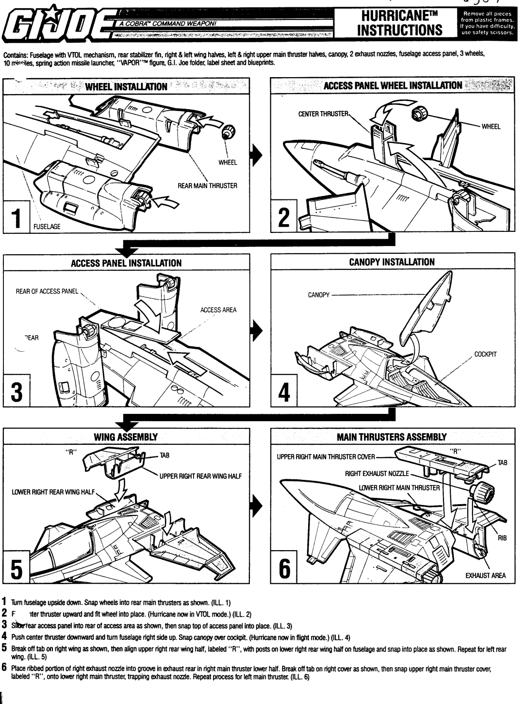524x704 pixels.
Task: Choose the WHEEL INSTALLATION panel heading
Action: [126, 87]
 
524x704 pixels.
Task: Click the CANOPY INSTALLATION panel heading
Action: [392, 262]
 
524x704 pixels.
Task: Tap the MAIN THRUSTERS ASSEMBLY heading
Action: [392, 437]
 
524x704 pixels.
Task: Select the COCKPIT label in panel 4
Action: [485, 354]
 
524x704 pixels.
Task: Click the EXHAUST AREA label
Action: [486, 575]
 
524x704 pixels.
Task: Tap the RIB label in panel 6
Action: [502, 538]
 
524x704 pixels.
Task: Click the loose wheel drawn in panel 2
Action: [418, 115]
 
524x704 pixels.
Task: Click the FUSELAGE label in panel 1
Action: [47, 227]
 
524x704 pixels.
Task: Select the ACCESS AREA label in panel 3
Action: [218, 310]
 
